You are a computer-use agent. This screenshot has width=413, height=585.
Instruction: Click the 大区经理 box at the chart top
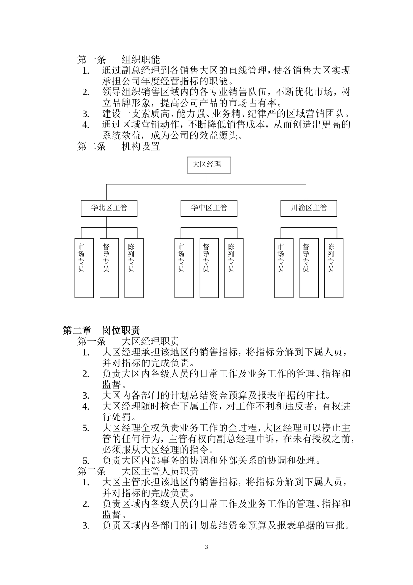(209, 165)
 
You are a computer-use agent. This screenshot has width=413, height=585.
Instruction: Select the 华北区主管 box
(109, 208)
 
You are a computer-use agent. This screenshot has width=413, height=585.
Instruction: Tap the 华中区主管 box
(209, 208)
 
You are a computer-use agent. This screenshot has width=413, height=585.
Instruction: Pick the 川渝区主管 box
(309, 208)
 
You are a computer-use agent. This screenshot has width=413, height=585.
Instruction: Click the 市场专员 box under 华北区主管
(84, 268)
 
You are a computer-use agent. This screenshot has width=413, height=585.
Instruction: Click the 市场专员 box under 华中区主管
(184, 268)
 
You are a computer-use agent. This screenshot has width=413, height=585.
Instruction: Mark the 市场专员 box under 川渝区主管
(284, 268)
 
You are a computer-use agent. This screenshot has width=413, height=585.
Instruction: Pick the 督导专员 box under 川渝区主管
(309, 268)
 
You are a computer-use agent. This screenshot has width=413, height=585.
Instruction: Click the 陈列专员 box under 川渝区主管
(334, 268)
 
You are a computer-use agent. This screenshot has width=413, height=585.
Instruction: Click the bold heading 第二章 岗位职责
(101, 330)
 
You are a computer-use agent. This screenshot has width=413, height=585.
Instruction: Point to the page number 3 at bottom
(206, 547)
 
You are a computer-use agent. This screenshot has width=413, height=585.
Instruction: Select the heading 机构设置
(141, 147)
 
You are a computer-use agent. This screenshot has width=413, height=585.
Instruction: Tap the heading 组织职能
(141, 60)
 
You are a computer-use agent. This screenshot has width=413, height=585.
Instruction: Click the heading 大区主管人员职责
(160, 471)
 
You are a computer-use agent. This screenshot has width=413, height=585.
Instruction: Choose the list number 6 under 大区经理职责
(86, 461)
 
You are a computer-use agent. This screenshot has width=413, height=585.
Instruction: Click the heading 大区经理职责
(150, 341)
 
